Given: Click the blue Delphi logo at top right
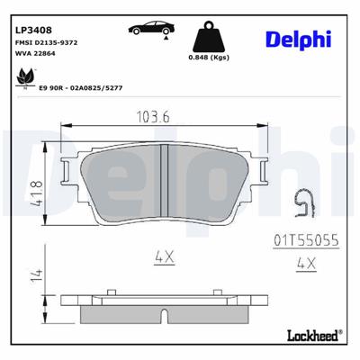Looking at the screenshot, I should coord(299,38).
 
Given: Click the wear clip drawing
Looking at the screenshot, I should coord(305,208).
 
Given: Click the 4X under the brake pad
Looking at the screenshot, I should coord(164,256).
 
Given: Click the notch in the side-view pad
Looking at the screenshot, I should coord(164,314).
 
